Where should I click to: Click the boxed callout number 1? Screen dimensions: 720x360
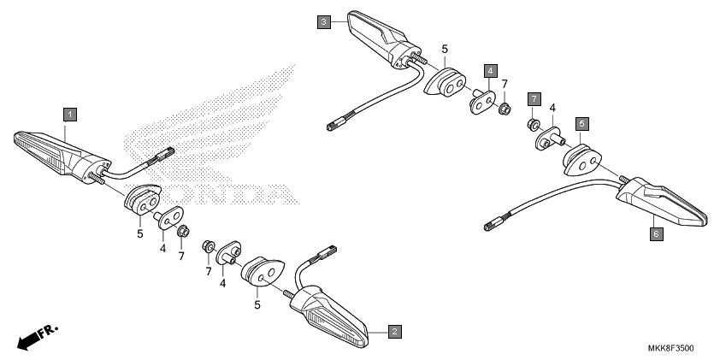point(70,115)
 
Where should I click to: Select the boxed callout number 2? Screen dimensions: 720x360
point(395,331)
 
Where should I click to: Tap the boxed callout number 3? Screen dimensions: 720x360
point(324,22)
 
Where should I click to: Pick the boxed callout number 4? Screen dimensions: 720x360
point(491,71)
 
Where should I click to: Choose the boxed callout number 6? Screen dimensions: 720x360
point(656,234)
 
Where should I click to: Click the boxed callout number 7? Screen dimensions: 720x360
point(534,99)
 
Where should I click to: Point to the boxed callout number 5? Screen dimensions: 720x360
point(582,124)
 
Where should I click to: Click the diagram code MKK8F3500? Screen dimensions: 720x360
point(671,348)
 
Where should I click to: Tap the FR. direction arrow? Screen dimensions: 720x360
point(38,337)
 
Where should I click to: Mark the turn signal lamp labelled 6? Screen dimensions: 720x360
point(661,201)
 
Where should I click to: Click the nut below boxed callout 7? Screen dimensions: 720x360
point(533,124)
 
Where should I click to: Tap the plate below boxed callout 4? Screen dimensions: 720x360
point(482,102)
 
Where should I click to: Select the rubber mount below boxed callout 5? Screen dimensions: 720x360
point(582,160)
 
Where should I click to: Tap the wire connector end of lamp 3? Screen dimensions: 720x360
point(338,123)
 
